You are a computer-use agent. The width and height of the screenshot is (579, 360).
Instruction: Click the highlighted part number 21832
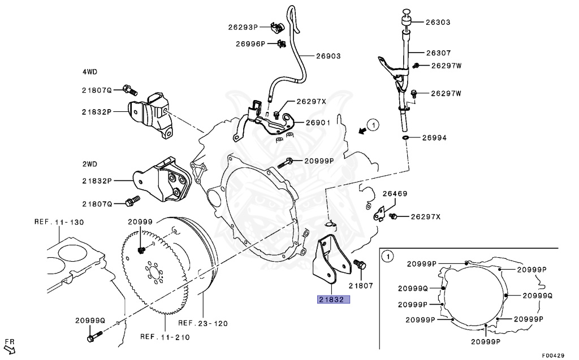[333, 300]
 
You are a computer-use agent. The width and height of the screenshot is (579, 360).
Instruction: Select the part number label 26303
[438, 23]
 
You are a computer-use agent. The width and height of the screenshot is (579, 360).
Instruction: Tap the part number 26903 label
[328, 56]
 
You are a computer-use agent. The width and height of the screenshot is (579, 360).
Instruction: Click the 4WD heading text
[89, 72]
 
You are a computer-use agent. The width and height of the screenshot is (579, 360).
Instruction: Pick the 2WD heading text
[89, 164]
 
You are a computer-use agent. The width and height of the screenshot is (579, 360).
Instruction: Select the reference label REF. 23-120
[203, 324]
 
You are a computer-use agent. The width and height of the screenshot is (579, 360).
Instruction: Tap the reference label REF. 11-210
[165, 337]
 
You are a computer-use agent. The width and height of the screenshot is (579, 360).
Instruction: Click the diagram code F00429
[552, 355]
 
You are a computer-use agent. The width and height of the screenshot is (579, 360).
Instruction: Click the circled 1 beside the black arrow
[373, 124]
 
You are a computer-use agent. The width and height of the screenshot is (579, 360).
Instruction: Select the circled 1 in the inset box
[387, 257]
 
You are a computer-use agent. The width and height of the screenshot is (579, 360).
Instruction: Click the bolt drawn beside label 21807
[358, 264]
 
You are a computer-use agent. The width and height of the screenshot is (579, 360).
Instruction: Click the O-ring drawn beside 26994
[406, 137]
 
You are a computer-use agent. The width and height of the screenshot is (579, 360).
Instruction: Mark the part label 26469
[394, 194]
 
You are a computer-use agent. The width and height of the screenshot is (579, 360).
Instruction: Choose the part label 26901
[318, 123]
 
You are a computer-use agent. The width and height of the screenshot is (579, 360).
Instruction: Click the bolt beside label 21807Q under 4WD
[129, 89]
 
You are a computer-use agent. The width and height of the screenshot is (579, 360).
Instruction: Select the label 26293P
[243, 27]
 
